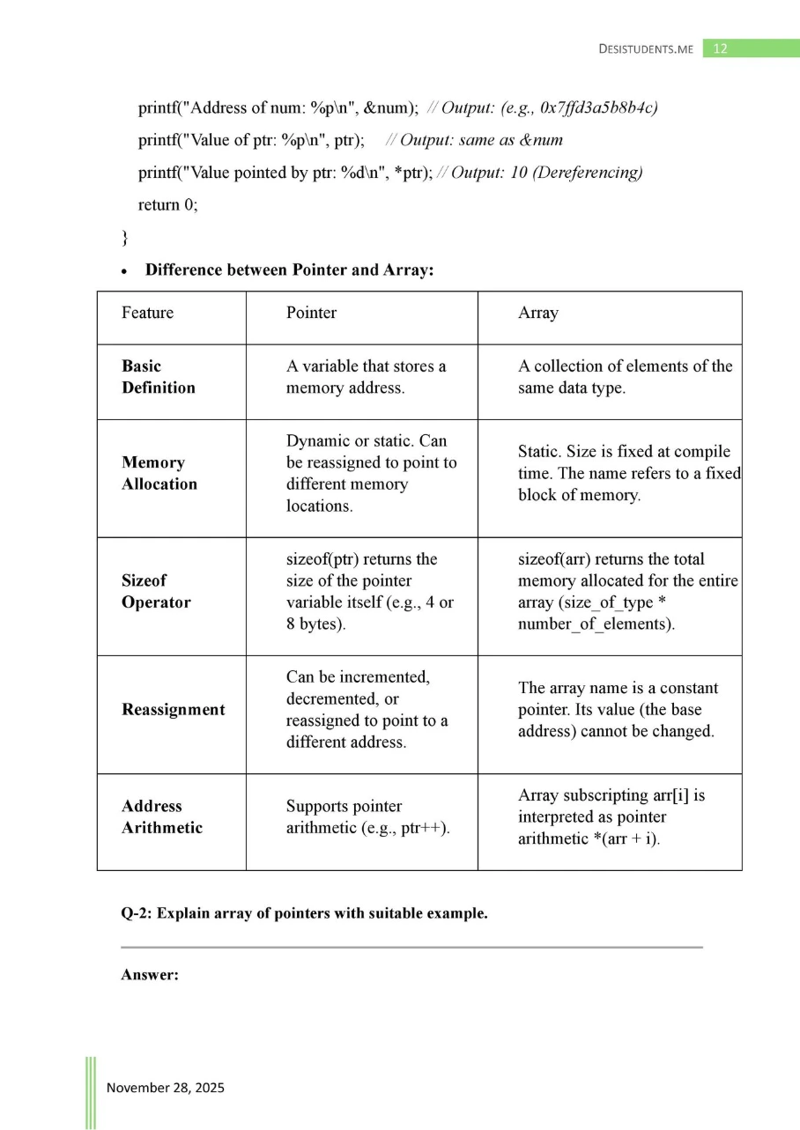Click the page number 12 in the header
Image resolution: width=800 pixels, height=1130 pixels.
pos(720,48)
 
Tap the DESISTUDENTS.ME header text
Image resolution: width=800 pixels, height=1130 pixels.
pos(645,49)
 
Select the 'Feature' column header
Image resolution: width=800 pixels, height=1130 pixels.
pos(147,313)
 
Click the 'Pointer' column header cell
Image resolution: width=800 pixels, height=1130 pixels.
pos(311,313)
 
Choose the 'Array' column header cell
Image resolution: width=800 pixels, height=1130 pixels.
pos(537,313)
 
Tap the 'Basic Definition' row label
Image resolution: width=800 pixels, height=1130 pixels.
pos(159,377)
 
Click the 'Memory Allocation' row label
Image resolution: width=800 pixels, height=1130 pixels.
pos(159,473)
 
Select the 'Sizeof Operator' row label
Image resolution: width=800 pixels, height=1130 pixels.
pos(156,592)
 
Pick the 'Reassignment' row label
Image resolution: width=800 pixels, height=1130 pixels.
pos(173,710)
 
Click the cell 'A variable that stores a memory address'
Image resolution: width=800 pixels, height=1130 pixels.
pos(366,377)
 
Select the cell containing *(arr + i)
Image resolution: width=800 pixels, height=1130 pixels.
pos(611,816)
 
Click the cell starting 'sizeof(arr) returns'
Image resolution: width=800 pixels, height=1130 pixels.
pos(626,592)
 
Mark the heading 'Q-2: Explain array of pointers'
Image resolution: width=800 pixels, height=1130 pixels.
pos(304,913)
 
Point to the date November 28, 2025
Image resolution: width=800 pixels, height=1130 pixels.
pos(166,1088)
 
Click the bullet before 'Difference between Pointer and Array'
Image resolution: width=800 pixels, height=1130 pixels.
pos(127,270)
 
